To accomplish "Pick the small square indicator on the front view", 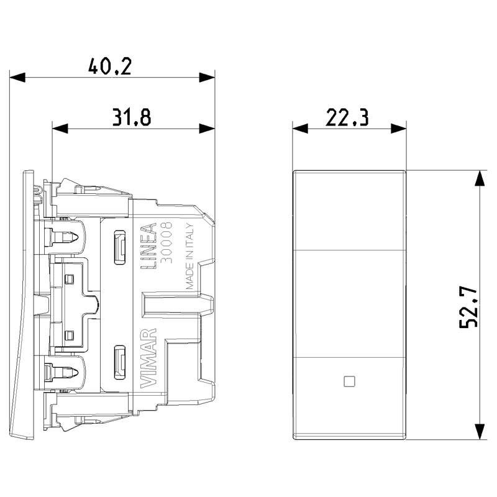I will click(x=348, y=381).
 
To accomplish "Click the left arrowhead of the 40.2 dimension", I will click(x=17, y=78).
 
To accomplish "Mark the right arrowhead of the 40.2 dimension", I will click(x=207, y=78).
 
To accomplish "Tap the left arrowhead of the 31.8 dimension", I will click(x=60, y=128).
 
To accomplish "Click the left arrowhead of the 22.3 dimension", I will click(x=299, y=128).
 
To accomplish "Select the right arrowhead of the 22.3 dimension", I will click(x=399, y=128).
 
